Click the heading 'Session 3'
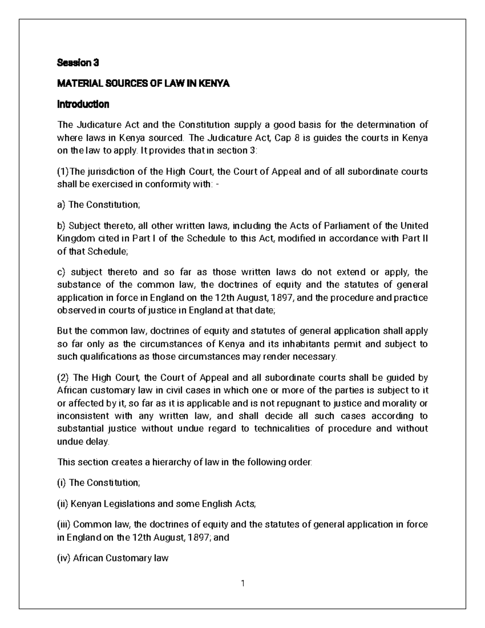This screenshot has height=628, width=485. pos(78,63)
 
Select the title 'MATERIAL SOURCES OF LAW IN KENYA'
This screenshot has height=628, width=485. pos(143,84)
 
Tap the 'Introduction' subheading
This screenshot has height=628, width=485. pos(83,104)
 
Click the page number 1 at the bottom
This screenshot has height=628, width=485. pos(242,583)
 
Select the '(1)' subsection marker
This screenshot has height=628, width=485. pos(63,171)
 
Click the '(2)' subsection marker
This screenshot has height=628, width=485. pos(63,378)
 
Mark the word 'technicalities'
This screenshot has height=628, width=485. pos(282,429)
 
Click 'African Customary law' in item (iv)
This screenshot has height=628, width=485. pos(120,558)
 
